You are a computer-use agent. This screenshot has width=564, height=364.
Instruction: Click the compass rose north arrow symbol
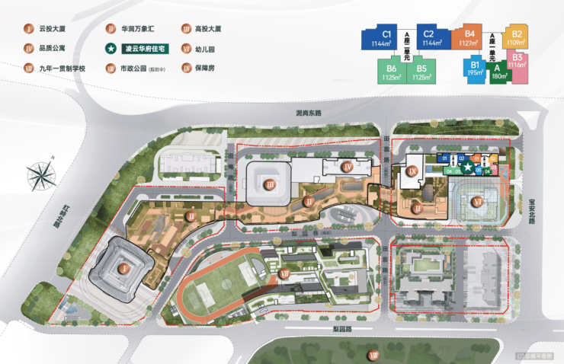tap(40, 176)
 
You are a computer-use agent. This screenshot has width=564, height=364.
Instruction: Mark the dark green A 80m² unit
tap(499, 72)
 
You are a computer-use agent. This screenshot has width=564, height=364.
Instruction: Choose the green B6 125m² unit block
tap(391, 72)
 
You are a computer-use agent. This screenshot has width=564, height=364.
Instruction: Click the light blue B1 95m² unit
tap(476, 70)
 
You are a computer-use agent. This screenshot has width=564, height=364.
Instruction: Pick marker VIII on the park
tap(373, 355)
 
